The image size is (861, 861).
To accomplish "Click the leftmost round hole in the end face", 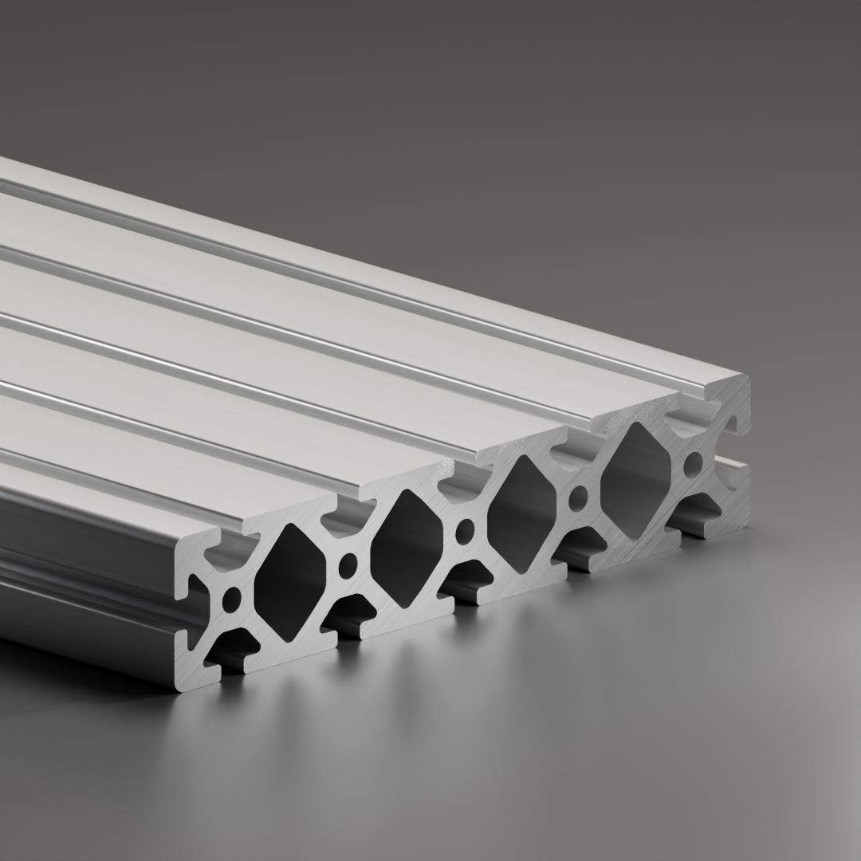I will pos(232,596).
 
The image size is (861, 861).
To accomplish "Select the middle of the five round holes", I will pos(464,529).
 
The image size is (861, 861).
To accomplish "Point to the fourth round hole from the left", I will pos(580,497).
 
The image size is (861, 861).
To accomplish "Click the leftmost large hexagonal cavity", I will pos(290,583).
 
